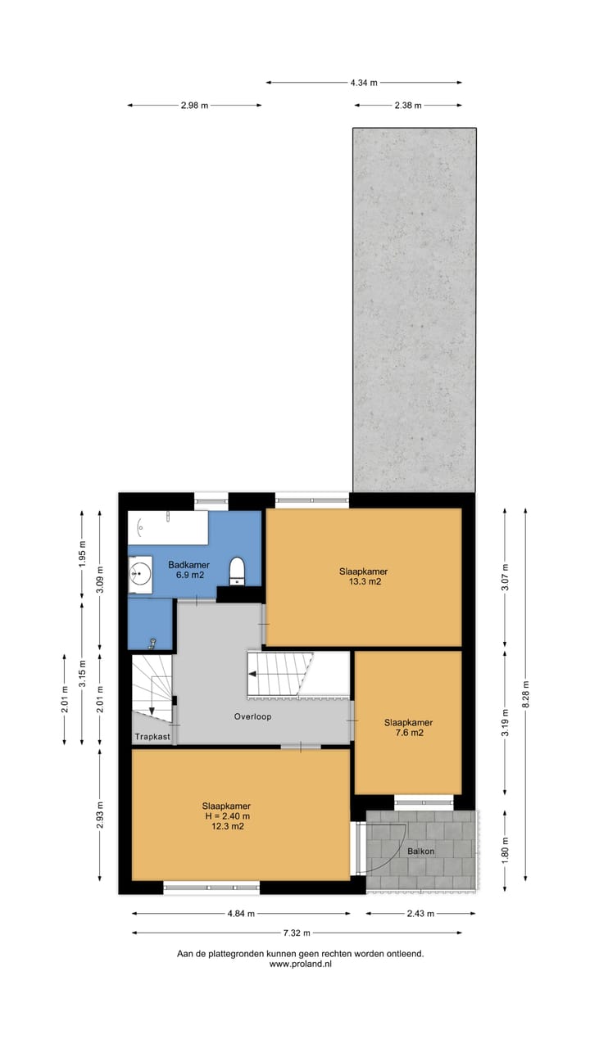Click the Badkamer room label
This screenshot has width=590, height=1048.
tap(188, 565)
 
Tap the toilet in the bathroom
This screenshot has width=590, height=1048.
tap(237, 570)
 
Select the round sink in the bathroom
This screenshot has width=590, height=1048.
tap(140, 573)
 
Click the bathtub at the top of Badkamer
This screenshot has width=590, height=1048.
tap(167, 527)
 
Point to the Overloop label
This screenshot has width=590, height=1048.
tap(252, 716)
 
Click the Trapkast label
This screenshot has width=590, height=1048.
tap(152, 737)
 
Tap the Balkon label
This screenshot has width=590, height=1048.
tap(420, 851)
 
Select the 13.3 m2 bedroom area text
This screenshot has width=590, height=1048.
tap(363, 582)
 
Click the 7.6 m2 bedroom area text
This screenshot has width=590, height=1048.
tap(408, 733)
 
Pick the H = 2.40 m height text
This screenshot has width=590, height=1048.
tap(226, 815)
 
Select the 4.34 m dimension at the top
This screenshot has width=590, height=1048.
tap(363, 83)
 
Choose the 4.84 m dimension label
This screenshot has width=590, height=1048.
tap(240, 914)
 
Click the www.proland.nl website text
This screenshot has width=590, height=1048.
tap(300, 964)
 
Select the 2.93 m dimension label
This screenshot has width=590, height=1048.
tap(100, 815)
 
